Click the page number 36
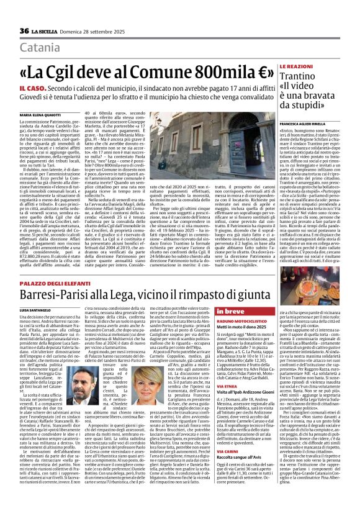pyautogui.click(x=25, y=31)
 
